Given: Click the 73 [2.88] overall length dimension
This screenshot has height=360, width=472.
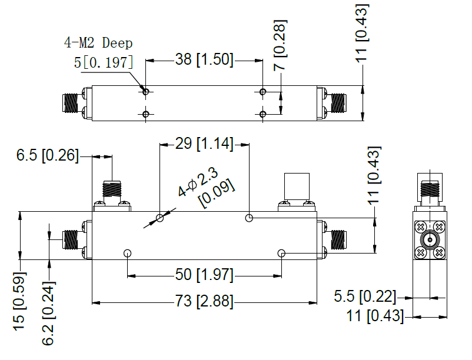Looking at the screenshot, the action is pos(204,301).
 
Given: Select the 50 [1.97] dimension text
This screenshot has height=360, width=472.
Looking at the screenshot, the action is pos(204,275).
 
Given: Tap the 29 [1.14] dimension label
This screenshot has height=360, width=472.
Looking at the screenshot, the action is pos(204,144).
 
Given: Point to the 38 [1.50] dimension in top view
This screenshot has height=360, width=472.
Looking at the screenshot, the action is pos(204,59).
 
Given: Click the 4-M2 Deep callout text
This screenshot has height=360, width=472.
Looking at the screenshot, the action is pos(98,43).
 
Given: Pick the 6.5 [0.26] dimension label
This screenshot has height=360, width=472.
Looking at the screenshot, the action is pos(47,155).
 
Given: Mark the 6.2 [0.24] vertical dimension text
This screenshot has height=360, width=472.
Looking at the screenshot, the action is pos(48,313).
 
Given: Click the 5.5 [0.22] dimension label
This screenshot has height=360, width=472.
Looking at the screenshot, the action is pos(365,296).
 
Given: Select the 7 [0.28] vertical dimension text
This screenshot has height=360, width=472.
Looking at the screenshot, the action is pos(280,45).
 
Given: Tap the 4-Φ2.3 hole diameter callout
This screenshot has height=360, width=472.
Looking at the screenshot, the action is pos(198,182).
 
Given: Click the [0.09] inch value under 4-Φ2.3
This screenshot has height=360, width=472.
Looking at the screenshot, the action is pos(217,194).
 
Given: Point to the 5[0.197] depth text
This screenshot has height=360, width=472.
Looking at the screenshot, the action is pos(104,62).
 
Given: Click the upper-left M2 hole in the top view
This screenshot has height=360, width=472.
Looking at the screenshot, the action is pos(146,91).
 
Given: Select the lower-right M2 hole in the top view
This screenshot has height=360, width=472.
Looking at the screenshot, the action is pos(263,114).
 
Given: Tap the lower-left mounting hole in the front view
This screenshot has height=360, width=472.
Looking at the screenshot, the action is pos(127,253).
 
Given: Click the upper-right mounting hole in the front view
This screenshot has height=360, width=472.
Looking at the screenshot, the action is pos(249,218).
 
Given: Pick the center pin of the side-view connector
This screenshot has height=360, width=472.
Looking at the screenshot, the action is pos(430,240).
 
